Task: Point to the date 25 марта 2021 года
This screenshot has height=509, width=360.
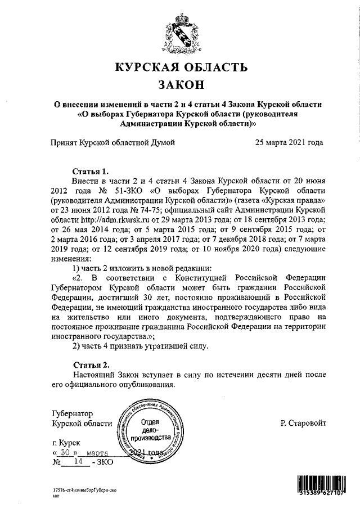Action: tap(289, 142)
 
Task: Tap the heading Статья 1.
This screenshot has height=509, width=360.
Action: tap(90, 170)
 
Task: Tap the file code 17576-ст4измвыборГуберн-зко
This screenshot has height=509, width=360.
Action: tap(84, 492)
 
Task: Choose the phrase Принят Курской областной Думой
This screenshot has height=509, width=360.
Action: tap(113, 142)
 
